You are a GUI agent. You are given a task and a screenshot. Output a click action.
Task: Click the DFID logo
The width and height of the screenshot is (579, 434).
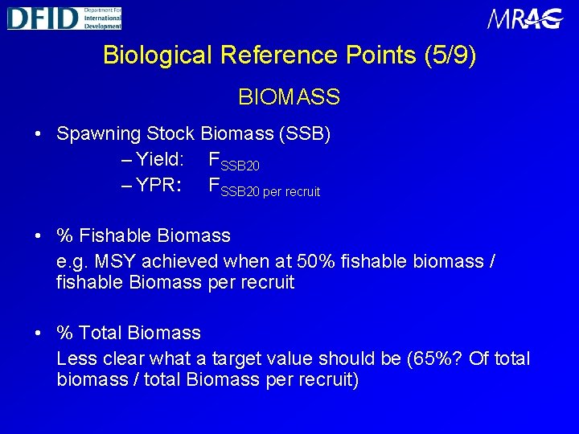[x=64, y=17]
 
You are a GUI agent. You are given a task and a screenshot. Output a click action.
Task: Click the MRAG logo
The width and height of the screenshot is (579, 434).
[x=525, y=18]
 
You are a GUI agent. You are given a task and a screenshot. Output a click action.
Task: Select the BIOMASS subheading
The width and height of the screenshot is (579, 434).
[x=289, y=98]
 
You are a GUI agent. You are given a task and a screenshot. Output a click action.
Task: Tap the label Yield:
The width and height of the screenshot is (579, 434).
[x=156, y=160]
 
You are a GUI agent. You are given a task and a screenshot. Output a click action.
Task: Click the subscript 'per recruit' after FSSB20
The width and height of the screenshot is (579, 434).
[x=291, y=192]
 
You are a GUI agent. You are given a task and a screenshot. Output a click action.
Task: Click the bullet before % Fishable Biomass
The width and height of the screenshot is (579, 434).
[x=39, y=236]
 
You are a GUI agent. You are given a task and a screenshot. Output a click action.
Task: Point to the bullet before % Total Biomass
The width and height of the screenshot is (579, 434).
[x=39, y=333]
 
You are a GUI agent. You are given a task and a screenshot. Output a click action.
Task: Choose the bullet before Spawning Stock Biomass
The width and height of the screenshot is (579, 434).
[x=39, y=134]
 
